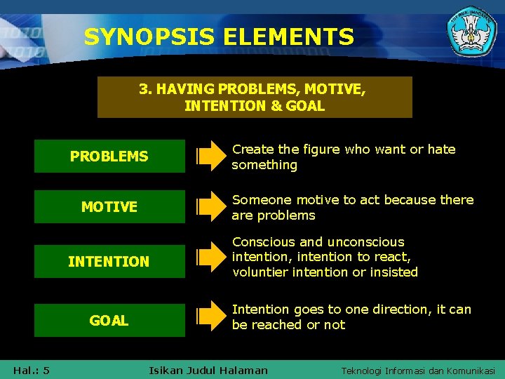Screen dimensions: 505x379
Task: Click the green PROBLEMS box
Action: tap(109, 156)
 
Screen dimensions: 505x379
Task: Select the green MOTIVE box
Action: tap(109, 206)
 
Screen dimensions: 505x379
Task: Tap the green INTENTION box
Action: tap(109, 261)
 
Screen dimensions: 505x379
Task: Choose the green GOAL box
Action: tap(109, 320)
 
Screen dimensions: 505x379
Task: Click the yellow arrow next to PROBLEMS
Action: tap(209, 156)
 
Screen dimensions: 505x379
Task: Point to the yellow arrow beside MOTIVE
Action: tap(209, 206)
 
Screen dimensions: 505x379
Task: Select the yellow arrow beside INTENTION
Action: tap(209, 258)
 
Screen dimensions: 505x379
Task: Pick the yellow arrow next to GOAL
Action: tap(209, 317)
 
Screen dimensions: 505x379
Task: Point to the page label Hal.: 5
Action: tap(31, 370)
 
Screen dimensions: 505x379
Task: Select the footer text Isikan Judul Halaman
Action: tap(208, 370)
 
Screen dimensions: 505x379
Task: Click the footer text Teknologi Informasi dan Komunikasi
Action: tap(418, 371)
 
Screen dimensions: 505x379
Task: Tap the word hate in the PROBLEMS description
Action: tap(441, 149)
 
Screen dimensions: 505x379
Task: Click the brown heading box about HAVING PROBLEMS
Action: tap(255, 97)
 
